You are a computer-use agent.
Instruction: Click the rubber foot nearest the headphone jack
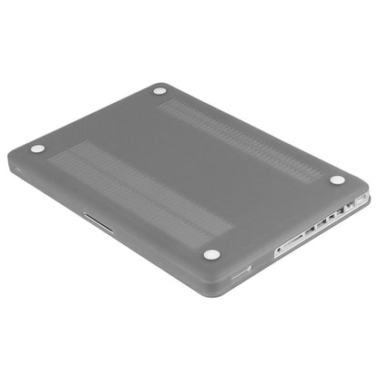click(x=211, y=254)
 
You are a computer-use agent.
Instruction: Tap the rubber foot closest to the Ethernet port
click(x=338, y=179)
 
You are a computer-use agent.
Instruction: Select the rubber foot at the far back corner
click(x=160, y=91)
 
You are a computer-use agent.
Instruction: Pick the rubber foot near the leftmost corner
click(x=37, y=149)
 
